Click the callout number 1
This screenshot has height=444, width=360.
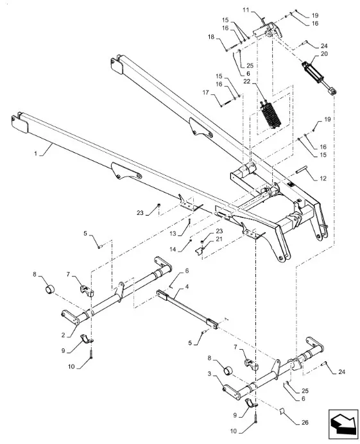coord(36,153)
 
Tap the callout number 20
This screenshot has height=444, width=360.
coord(324,53)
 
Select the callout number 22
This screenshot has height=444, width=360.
coord(247,81)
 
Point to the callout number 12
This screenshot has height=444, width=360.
coord(323,178)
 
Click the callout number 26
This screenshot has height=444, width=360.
coord(305,423)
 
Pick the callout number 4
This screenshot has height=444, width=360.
coord(187,287)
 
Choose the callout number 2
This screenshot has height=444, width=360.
coord(63,335)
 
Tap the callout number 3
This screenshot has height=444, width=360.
coord(209,374)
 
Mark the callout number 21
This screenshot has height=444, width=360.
coord(219,239)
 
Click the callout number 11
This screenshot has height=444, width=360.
coord(246,10)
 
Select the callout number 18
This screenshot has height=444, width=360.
coord(211,37)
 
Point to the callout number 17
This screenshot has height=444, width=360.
coord(205,92)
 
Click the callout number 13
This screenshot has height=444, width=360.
coord(173,234)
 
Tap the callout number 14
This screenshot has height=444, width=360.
coord(173,250)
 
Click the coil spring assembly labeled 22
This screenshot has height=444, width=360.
coord(271,114)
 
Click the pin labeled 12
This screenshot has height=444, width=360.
coord(302,171)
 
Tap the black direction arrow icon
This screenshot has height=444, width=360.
coord(342,423)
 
